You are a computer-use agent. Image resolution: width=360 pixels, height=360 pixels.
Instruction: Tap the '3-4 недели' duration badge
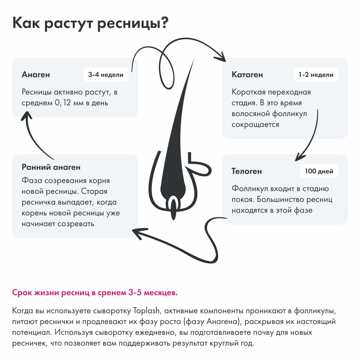(x=106, y=75)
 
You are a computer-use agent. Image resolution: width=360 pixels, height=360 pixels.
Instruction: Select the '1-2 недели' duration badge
(x=316, y=75)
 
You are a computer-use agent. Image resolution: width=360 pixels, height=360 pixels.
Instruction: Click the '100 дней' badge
(x=319, y=171)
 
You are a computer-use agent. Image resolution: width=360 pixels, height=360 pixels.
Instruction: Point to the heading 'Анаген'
(x=36, y=75)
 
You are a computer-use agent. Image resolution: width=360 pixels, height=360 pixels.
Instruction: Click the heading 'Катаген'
(x=247, y=75)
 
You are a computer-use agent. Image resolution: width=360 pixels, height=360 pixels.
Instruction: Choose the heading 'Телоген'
(x=247, y=171)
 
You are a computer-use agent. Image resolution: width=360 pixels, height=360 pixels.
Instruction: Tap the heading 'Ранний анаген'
(x=51, y=167)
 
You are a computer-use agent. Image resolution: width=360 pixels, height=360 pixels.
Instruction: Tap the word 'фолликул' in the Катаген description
(x=290, y=114)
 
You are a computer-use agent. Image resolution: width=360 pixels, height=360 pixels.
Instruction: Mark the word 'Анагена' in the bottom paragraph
(x=221, y=322)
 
